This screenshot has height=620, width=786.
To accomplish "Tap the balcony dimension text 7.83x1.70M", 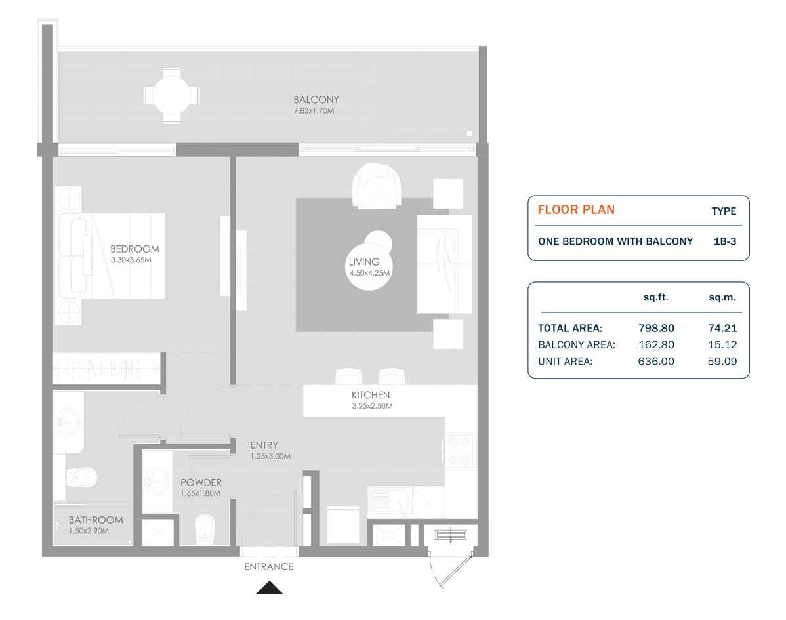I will [x=316, y=111].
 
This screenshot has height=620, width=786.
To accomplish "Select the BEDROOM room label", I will [x=134, y=249].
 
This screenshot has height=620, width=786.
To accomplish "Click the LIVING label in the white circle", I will [x=364, y=262].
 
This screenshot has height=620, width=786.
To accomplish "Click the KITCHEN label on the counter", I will [x=371, y=395].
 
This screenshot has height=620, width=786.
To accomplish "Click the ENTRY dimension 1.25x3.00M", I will [x=270, y=456].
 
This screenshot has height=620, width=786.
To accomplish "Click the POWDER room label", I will [x=201, y=482].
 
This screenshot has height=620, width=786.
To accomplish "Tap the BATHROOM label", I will [x=96, y=520].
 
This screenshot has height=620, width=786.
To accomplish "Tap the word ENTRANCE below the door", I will [x=269, y=567].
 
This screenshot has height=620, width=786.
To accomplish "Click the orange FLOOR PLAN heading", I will [x=576, y=210].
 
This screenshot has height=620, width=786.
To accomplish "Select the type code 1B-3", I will [x=724, y=241].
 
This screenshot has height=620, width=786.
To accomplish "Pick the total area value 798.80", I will [x=656, y=328].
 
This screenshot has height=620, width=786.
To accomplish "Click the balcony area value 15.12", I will [x=722, y=344].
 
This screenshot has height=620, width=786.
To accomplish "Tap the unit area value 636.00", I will [x=656, y=361].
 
